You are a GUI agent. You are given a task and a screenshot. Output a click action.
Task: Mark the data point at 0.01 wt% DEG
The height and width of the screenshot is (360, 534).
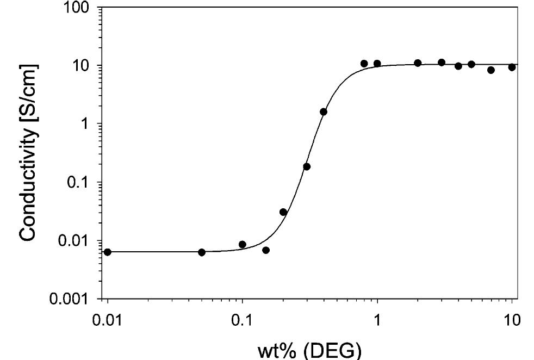[x=108, y=252]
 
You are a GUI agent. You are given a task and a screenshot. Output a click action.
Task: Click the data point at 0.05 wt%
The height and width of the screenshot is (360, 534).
[x=202, y=252]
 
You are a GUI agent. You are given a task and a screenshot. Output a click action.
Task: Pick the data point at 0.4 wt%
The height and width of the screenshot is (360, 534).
[x=324, y=111]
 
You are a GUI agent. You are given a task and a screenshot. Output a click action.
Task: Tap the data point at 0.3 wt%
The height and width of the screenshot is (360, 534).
[x=307, y=166]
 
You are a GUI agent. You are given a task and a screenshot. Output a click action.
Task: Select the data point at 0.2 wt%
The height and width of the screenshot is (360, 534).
[x=283, y=212]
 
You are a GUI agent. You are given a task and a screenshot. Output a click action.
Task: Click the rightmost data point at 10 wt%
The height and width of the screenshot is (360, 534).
[x=512, y=67]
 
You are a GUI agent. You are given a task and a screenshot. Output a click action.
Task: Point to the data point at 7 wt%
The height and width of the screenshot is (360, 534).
[x=491, y=70]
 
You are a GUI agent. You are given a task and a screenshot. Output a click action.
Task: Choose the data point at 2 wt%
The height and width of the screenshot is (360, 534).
[x=418, y=63]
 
